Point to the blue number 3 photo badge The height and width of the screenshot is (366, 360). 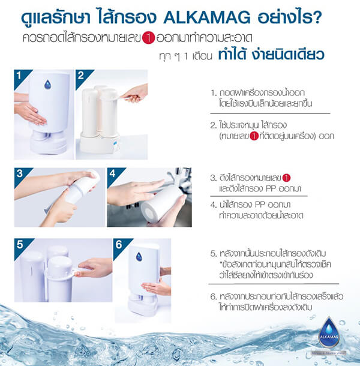[20, 175]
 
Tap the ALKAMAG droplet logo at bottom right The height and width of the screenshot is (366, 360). [328, 332]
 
